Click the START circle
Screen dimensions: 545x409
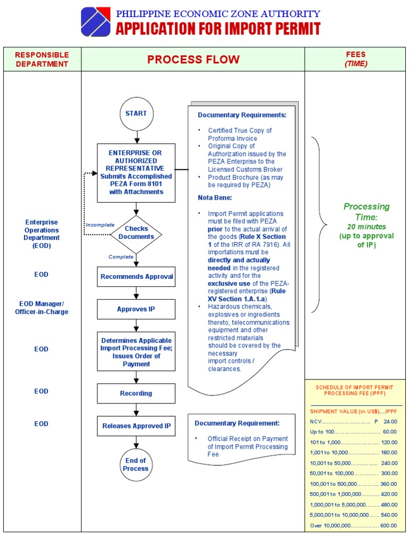point(136,113)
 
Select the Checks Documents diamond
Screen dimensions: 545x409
point(136,233)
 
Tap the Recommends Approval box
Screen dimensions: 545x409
point(136,277)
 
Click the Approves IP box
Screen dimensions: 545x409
point(136,309)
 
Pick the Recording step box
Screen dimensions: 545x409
point(136,393)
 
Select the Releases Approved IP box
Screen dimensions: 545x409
point(136,426)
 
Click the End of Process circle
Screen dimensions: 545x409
point(136,465)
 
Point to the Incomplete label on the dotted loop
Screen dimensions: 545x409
point(100,225)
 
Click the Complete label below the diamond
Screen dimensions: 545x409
point(121,257)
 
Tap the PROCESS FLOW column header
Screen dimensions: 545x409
point(193,59)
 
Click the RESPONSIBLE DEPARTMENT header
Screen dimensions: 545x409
point(42,59)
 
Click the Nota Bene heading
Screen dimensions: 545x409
point(215,197)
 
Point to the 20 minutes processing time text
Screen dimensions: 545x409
point(366,227)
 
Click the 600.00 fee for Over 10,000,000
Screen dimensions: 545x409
point(389,526)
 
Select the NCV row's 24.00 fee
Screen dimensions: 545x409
point(390,422)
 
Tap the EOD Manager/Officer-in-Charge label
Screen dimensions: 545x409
point(42,308)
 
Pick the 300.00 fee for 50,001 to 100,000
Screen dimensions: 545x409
point(389,473)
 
